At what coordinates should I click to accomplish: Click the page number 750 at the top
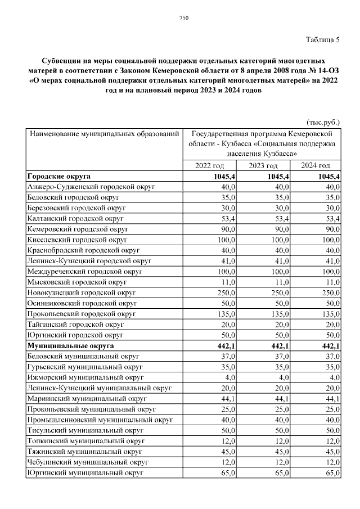[183, 19]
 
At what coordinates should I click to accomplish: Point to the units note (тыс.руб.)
[323, 122]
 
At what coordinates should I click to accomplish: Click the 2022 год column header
[209, 165]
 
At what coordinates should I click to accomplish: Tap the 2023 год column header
[263, 165]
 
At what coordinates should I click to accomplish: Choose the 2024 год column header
[316, 165]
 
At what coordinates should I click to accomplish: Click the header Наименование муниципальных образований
[105, 134]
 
